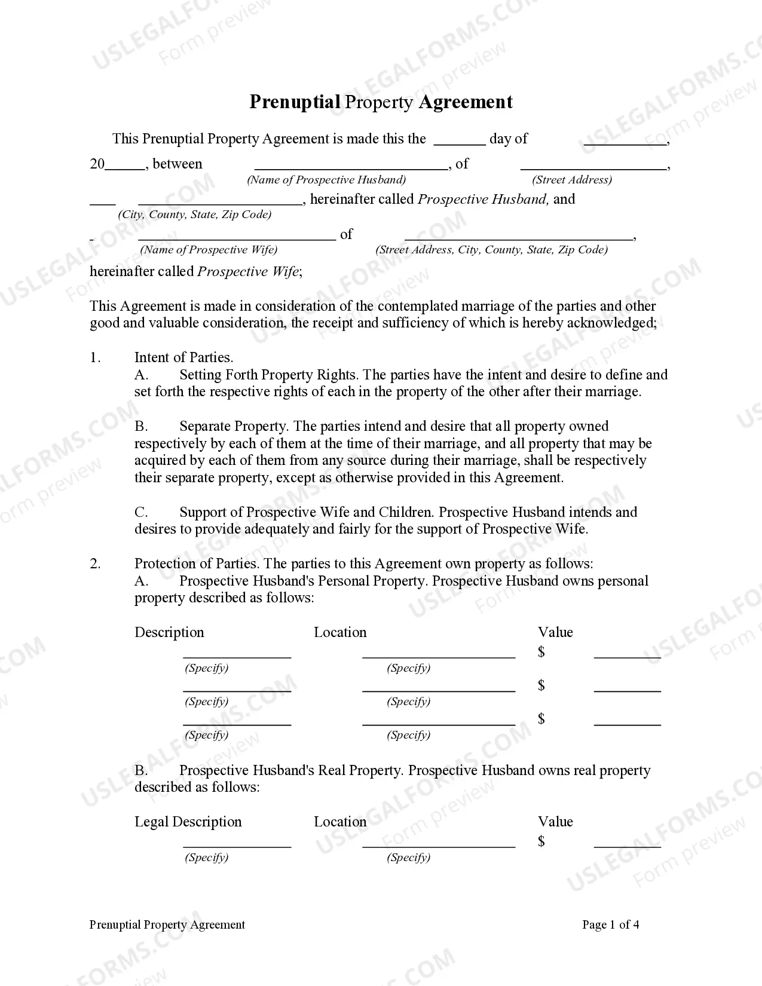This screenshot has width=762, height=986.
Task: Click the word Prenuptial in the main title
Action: tap(295, 102)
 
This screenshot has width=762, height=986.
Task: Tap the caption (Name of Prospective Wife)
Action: tap(208, 250)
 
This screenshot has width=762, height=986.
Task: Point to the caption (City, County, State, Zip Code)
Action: tap(194, 215)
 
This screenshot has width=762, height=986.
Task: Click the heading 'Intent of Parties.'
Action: tap(183, 357)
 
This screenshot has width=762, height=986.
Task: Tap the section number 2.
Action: tap(95, 564)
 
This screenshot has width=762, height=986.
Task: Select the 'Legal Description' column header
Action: tap(188, 822)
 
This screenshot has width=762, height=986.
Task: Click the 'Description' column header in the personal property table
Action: tap(169, 632)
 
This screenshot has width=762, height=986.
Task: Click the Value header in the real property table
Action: tap(555, 822)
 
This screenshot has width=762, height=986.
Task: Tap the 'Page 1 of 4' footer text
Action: tap(610, 924)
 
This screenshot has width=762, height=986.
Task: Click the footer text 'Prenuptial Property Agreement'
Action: tap(167, 924)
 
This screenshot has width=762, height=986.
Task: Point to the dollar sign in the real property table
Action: tap(541, 841)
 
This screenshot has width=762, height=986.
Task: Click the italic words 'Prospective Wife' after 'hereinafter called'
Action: tap(247, 272)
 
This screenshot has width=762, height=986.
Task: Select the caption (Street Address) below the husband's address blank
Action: tap(572, 180)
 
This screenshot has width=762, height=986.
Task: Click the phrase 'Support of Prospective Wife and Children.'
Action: tap(307, 512)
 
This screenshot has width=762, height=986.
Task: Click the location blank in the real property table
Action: tap(438, 843)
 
